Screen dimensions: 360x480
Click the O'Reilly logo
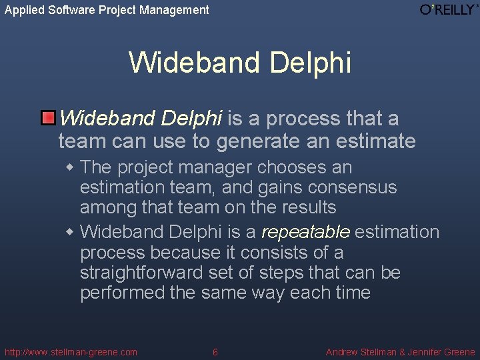click(x=448, y=10)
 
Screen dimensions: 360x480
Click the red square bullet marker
click(x=48, y=119)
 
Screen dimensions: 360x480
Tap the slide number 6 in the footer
click(x=215, y=352)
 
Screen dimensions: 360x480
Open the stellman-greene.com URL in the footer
click(x=71, y=352)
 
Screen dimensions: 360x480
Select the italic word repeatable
click(x=306, y=233)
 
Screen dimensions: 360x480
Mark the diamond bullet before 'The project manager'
click(x=70, y=167)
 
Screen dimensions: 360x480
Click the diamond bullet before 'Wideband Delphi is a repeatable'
click(x=70, y=232)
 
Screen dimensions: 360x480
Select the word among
click(x=109, y=207)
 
